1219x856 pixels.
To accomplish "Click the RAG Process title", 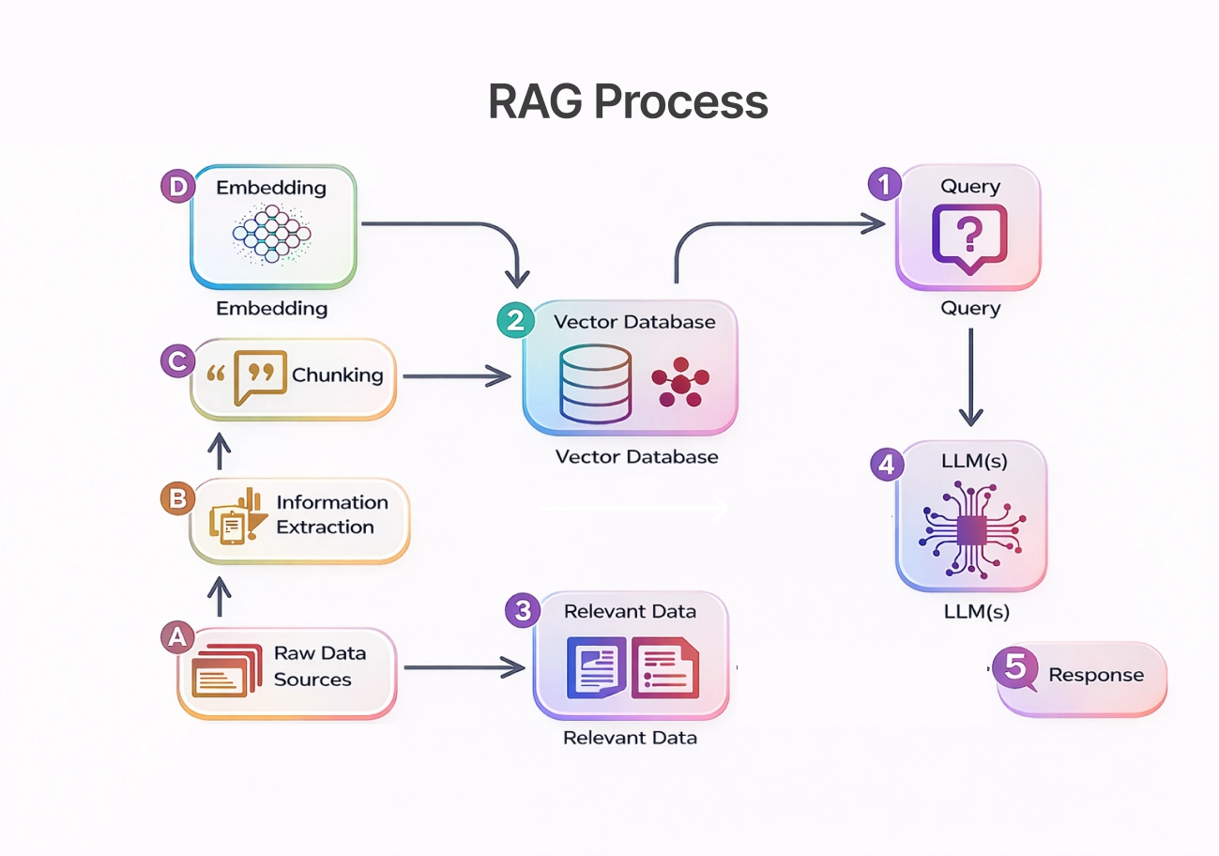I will pyautogui.click(x=628, y=102).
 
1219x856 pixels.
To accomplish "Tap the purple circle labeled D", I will pyautogui.click(x=177, y=186).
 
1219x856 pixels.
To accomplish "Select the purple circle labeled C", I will pyautogui.click(x=177, y=361).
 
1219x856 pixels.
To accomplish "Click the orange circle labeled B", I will pyautogui.click(x=177, y=499).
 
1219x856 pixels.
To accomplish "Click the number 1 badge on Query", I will pyautogui.click(x=883, y=184).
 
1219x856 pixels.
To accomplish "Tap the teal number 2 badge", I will pyautogui.click(x=514, y=321).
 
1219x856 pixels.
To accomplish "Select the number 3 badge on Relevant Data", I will pyautogui.click(x=523, y=611).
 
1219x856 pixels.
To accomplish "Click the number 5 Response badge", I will pyautogui.click(x=1015, y=667).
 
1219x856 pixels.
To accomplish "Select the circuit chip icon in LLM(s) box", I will pyautogui.click(x=970, y=527).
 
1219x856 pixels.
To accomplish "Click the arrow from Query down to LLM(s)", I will pyautogui.click(x=970, y=375).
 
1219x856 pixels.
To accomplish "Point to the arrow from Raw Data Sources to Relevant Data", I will pyautogui.click(x=464, y=667).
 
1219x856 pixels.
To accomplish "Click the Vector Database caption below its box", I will pyautogui.click(x=636, y=457).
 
